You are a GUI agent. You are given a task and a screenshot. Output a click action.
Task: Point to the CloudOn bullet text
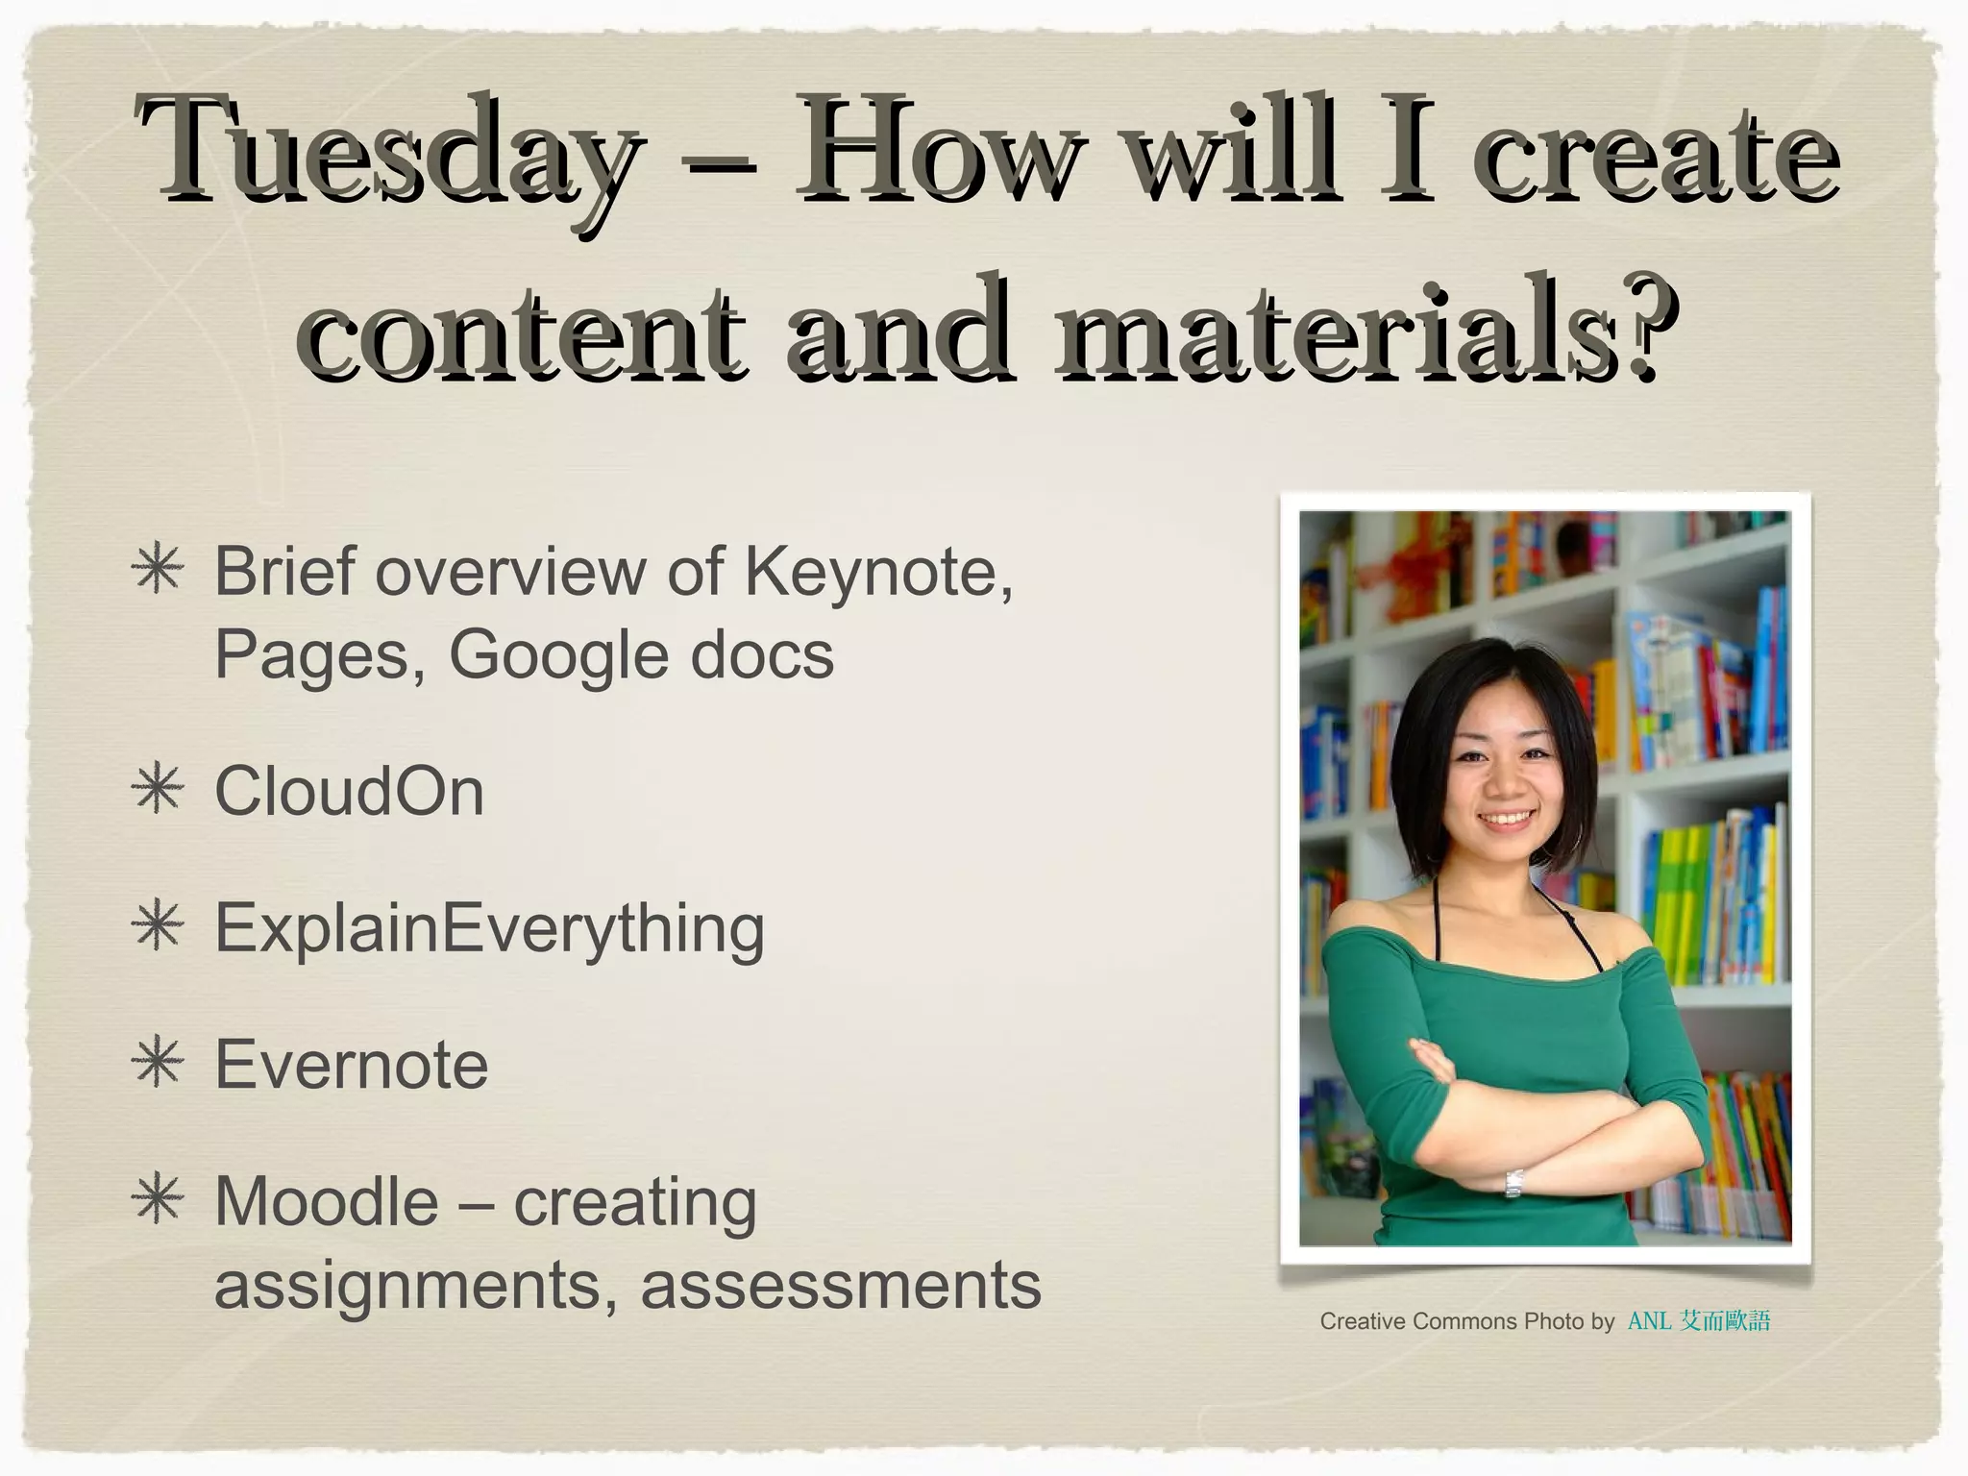click(x=349, y=793)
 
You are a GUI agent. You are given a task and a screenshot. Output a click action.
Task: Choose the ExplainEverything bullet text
click(x=489, y=929)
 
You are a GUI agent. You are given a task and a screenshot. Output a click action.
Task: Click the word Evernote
click(x=352, y=1066)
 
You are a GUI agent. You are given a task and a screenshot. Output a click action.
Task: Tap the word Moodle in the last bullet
click(x=326, y=1202)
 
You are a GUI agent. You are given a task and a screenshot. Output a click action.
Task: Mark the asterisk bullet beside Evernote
click(x=159, y=1065)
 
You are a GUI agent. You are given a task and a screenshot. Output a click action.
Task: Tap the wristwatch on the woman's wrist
click(x=1513, y=1182)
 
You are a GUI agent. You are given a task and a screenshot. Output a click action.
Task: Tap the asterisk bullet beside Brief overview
click(x=159, y=571)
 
